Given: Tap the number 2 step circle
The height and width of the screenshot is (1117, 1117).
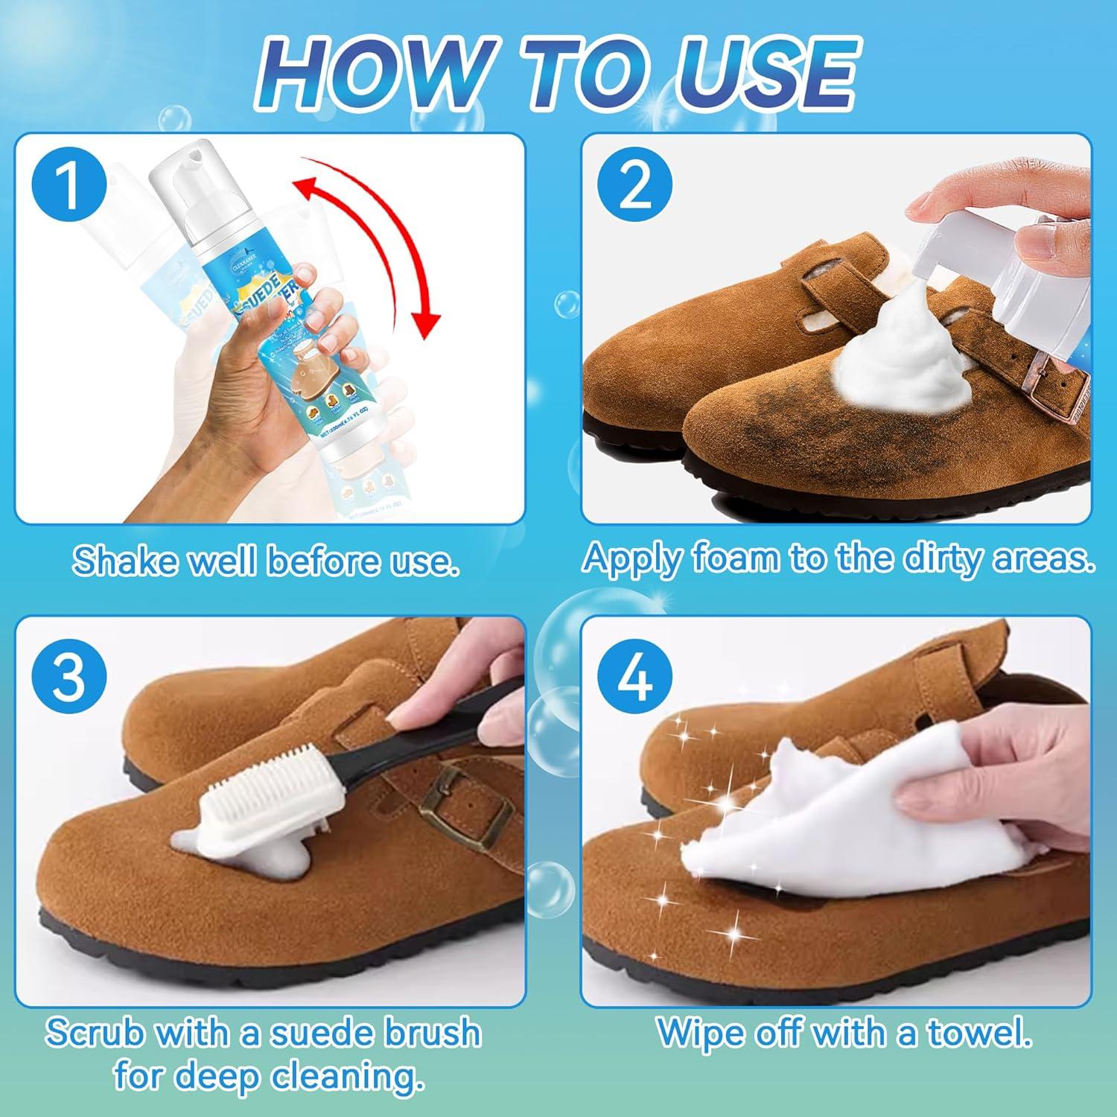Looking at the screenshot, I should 635,188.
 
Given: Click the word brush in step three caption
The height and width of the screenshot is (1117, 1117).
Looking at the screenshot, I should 432,1034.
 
